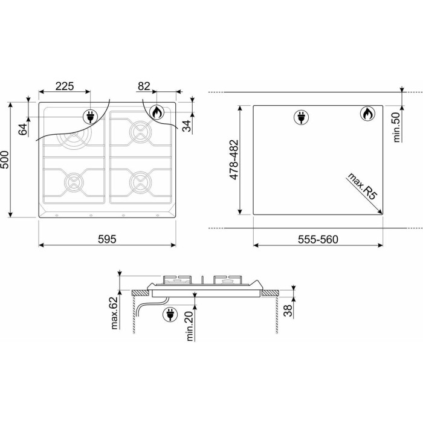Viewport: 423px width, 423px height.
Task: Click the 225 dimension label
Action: (65, 86)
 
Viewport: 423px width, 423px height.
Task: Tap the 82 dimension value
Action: (144, 86)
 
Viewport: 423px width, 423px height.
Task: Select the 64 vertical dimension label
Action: (23, 129)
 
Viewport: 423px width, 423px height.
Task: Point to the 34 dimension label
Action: (186, 126)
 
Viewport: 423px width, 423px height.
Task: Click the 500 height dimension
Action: (5, 160)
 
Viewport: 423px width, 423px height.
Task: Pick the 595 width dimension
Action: (107, 239)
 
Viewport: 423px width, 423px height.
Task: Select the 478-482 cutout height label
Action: (234, 160)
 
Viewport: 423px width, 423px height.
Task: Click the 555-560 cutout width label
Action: (318, 239)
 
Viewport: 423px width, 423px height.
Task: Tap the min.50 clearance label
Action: (396, 127)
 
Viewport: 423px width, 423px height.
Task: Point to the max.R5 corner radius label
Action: (362, 186)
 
